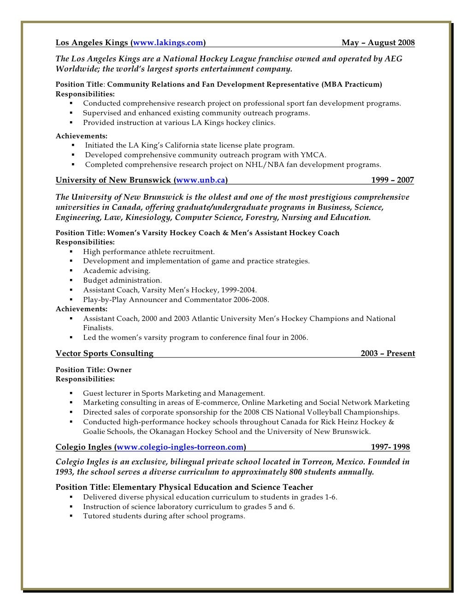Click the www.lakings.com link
point(168,43)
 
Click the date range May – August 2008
point(378,43)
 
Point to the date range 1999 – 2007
point(392,180)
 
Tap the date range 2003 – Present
point(388,354)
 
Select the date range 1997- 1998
point(390,447)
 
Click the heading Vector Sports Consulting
point(105,354)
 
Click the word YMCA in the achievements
point(313,155)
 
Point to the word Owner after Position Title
point(119,370)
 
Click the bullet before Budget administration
point(71,280)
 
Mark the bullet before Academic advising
point(71,271)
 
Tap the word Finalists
point(98,328)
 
